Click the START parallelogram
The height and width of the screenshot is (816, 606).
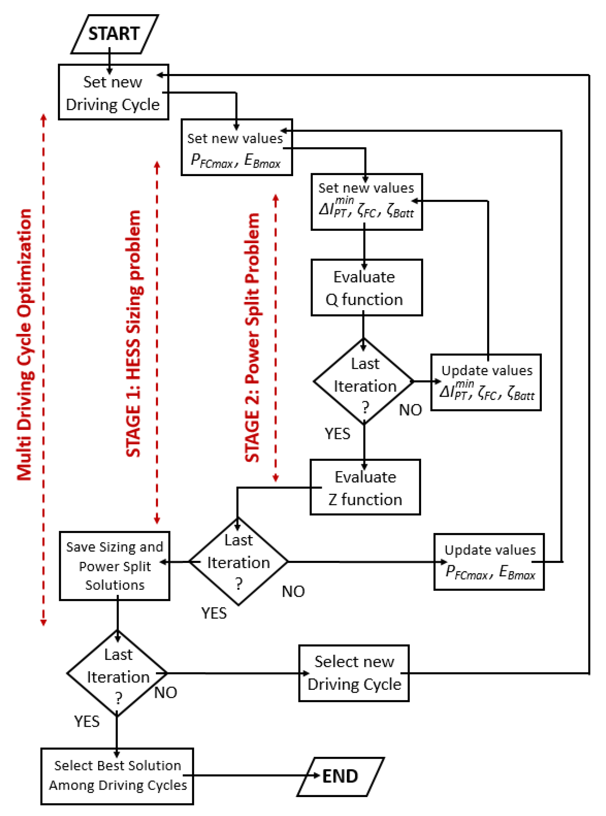coord(114,34)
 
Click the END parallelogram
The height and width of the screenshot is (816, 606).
coord(340,776)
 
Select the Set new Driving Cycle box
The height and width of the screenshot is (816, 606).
coord(113,92)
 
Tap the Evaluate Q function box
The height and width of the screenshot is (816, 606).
coord(366,288)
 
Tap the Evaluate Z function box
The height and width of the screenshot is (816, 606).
coord(365,487)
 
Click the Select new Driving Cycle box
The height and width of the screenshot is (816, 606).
coord(354,673)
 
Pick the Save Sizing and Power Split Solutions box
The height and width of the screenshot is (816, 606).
coord(114,566)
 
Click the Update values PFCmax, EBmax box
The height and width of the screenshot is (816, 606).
coord(489,562)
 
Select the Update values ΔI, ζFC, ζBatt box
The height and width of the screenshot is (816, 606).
coord(486,382)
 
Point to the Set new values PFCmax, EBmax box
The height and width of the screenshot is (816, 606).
coord(237,147)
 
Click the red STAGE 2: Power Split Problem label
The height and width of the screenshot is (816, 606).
coord(252,337)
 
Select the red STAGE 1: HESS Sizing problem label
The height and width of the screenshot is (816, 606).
coord(133,334)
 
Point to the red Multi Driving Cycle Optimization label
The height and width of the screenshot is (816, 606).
coord(24,345)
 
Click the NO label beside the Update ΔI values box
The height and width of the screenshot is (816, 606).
coord(410,410)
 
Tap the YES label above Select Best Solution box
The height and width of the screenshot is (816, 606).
coord(87,721)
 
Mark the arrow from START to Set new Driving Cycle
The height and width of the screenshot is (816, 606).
coord(109,61)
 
